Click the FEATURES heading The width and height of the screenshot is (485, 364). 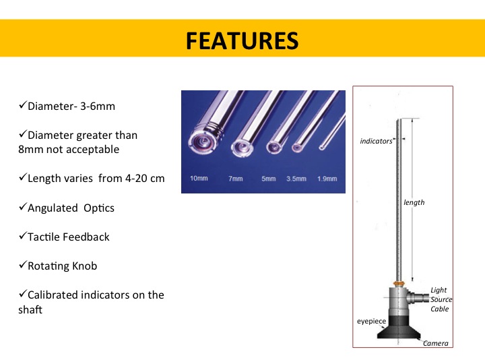pyautogui.click(x=243, y=41)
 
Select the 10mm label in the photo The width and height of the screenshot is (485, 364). pyautogui.click(x=199, y=178)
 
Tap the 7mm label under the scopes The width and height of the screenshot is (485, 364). pyautogui.click(x=235, y=179)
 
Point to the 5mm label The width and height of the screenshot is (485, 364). pyautogui.click(x=269, y=179)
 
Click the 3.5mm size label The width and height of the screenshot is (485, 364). pyautogui.click(x=296, y=179)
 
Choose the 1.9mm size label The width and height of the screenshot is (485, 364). pyautogui.click(x=327, y=179)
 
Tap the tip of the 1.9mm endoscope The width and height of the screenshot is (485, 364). pyautogui.click(x=322, y=147)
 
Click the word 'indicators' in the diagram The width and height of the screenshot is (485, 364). pyautogui.click(x=376, y=141)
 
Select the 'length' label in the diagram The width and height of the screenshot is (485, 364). pyautogui.click(x=414, y=202)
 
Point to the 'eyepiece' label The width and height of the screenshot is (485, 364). pyautogui.click(x=371, y=322)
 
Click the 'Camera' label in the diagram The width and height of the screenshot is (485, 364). pyautogui.click(x=436, y=343)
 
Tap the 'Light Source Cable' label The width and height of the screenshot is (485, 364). pyautogui.click(x=441, y=299)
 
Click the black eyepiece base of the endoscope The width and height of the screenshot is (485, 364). pyautogui.click(x=399, y=329)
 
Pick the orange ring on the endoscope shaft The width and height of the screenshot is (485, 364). pyautogui.click(x=399, y=284)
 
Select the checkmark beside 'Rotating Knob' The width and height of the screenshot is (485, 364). pyautogui.click(x=23, y=265)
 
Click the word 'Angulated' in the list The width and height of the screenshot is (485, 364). pyautogui.click(x=53, y=208)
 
